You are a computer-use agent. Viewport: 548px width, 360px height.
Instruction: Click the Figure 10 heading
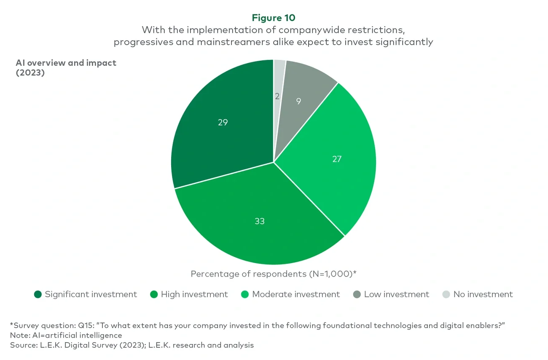pyautogui.click(x=274, y=18)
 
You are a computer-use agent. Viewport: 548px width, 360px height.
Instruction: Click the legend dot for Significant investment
pyautogui.click(x=38, y=294)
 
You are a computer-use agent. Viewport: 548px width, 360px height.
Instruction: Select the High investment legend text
pyautogui.click(x=194, y=294)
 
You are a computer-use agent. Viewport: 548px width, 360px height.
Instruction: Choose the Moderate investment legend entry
pyautogui.click(x=295, y=294)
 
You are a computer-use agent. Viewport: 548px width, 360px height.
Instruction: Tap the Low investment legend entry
pyautogui.click(x=396, y=294)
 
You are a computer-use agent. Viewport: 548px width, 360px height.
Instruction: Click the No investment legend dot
pyautogui.click(x=446, y=294)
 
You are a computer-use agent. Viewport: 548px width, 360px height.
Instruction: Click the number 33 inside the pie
pyautogui.click(x=260, y=221)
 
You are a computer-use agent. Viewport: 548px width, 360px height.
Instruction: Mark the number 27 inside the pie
pyautogui.click(x=336, y=159)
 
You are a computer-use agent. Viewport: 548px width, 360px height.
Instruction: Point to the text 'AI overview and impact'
pyautogui.click(x=66, y=63)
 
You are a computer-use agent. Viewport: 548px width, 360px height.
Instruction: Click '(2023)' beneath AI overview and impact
pyautogui.click(x=30, y=72)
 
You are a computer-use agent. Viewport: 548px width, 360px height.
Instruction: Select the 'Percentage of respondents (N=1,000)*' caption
pyautogui.click(x=274, y=274)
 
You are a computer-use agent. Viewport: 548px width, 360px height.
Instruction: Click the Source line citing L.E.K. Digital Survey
pyautogui.click(x=132, y=345)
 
